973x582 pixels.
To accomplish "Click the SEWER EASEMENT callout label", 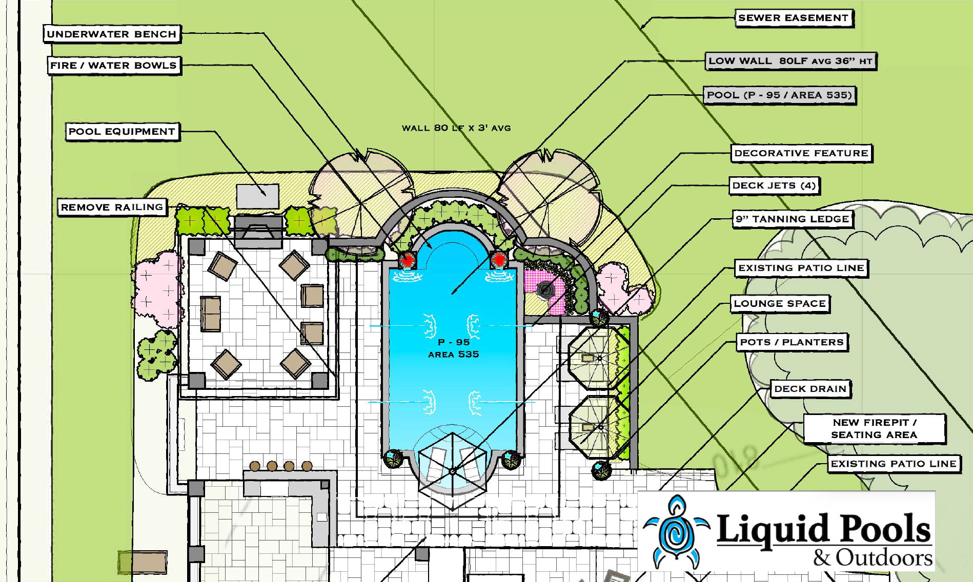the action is [794, 18].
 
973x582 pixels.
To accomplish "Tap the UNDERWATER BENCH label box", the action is [112, 34].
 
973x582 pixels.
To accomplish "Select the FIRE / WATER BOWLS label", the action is [114, 66].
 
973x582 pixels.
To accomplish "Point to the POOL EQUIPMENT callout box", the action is [122, 132].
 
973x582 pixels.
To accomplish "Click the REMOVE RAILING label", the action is [112, 207].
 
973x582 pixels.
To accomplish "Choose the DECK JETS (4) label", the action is [774, 185].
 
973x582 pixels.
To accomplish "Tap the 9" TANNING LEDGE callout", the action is [793, 219].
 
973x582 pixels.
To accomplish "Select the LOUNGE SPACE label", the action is [780, 303].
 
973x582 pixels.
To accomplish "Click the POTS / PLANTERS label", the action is [792, 342].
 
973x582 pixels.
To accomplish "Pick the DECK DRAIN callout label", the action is [810, 389].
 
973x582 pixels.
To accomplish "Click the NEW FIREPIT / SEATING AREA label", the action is [874, 429].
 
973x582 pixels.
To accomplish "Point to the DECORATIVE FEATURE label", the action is [801, 153].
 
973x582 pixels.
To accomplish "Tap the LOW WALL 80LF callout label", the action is [790, 61].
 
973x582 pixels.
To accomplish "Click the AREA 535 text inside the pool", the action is [454, 355].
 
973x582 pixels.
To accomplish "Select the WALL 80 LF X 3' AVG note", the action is [456, 128].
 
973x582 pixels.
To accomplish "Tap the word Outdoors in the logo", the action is [884, 557].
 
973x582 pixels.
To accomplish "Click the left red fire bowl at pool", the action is [408, 260].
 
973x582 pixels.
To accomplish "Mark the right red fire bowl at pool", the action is [498, 260].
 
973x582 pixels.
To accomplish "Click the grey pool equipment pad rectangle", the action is [257, 196].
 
